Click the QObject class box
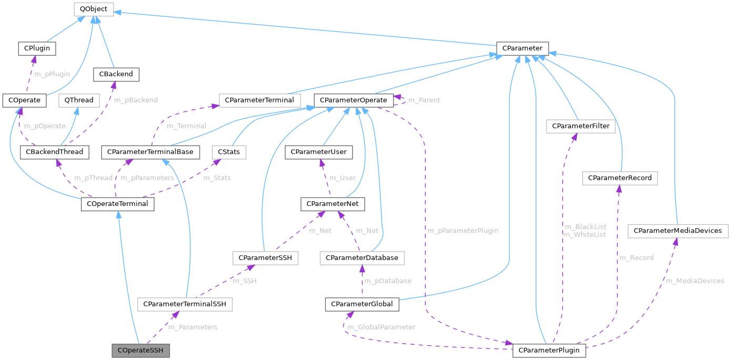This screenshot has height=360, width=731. (x=93, y=9)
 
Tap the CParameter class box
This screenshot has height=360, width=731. (x=522, y=48)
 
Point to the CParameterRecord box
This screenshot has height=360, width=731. (x=620, y=178)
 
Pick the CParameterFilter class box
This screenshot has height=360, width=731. (x=581, y=126)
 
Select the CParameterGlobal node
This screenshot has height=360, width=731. (x=362, y=304)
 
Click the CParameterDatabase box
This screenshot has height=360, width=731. (x=362, y=258)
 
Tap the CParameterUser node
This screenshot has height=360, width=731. (x=319, y=152)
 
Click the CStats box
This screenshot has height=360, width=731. (x=229, y=152)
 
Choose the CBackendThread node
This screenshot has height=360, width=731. (x=54, y=152)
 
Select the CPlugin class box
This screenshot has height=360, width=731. (x=37, y=48)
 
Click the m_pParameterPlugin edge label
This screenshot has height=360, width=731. (x=462, y=230)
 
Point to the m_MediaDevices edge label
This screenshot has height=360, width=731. (x=695, y=281)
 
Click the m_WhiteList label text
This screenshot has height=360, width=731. (x=584, y=234)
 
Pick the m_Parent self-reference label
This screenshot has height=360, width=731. (x=424, y=100)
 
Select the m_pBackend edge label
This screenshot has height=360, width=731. (x=136, y=99)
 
